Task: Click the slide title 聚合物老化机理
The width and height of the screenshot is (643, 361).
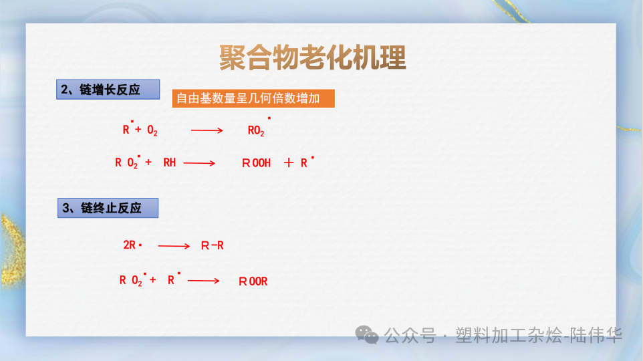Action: tap(312, 58)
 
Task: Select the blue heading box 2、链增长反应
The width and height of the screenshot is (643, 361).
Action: tap(108, 90)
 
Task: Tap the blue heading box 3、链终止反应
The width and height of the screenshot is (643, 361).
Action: tap(108, 208)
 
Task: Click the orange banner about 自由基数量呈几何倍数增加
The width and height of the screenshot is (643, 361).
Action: tap(253, 99)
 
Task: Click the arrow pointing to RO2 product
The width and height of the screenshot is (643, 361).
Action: tap(207, 130)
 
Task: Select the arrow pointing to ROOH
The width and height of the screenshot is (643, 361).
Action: tap(199, 162)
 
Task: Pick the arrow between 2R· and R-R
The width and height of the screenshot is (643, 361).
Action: tap(174, 246)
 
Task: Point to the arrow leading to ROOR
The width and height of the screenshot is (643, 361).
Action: tap(204, 281)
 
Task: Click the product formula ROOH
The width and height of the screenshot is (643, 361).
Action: tap(256, 162)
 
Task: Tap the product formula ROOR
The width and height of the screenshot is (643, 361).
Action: tap(253, 281)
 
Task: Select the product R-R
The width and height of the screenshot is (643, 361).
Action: tap(213, 246)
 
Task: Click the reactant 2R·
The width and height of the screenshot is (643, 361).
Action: tap(132, 245)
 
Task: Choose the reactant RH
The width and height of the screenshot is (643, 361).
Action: tap(170, 162)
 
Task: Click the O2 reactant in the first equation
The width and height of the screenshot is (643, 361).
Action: tap(152, 131)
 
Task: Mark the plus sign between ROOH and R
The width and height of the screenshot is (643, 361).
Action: tap(289, 162)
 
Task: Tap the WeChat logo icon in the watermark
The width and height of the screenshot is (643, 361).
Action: tap(368, 334)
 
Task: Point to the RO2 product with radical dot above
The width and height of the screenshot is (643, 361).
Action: tap(257, 130)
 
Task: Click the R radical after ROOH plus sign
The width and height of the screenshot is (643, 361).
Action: tap(305, 162)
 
